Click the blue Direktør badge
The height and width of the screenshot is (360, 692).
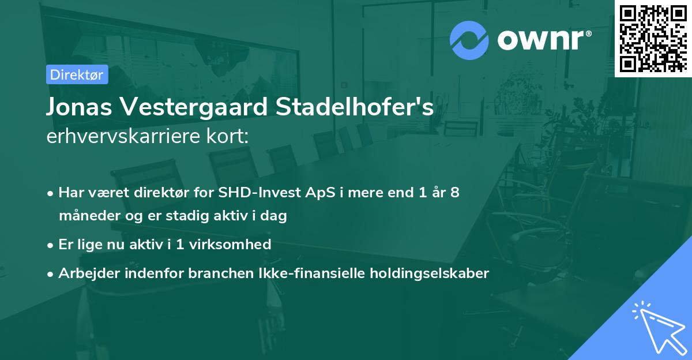(x=77, y=74)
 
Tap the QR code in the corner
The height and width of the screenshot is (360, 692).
(x=653, y=38)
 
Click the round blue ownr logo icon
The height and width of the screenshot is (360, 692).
(x=469, y=40)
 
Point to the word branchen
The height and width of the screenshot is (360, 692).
(x=216, y=273)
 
